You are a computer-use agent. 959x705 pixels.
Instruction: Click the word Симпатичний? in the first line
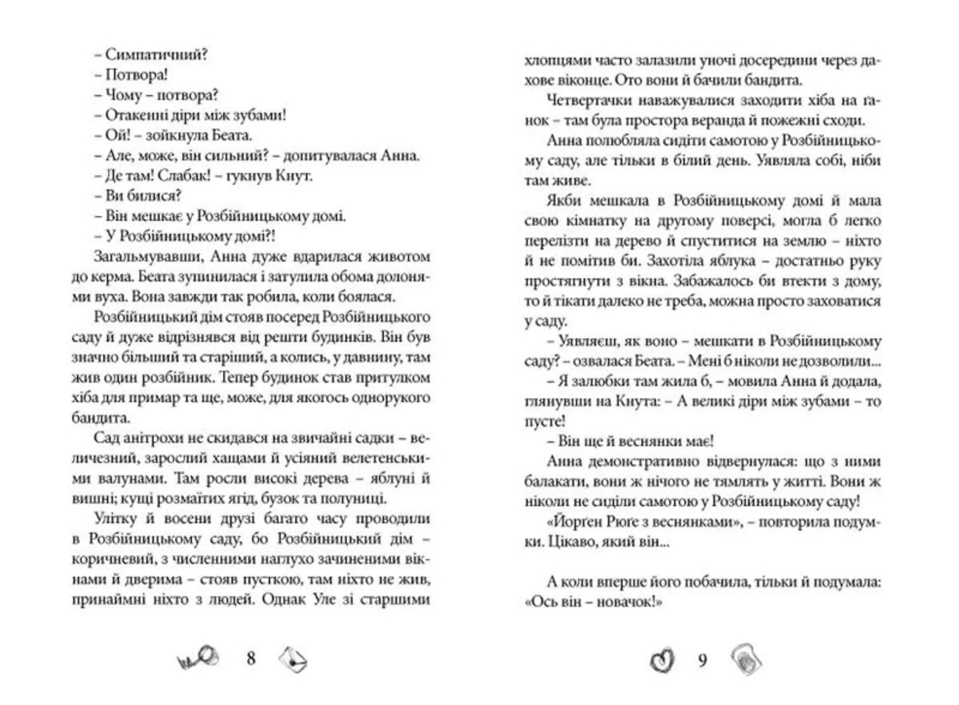[x=156, y=54]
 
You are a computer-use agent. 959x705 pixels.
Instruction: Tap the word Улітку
[x=115, y=519]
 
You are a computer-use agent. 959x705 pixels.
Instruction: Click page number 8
[x=251, y=659]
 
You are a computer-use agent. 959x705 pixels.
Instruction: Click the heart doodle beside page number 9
[x=662, y=660]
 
